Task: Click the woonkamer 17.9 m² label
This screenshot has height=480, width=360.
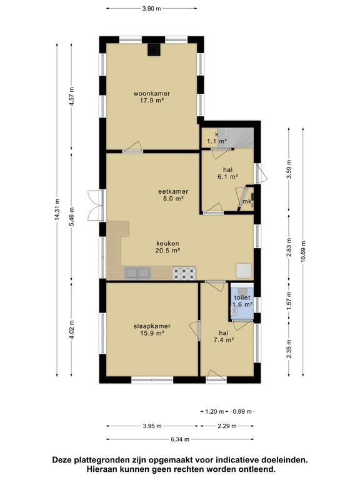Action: pos(151,97)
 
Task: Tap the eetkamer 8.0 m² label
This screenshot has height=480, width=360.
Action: pos(173,195)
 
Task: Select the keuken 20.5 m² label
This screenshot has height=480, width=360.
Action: pos(167,247)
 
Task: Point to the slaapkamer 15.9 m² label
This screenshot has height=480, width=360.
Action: pos(152,330)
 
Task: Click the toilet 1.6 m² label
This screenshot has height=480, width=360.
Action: pos(242,301)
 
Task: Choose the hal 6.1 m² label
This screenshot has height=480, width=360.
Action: pos(227,173)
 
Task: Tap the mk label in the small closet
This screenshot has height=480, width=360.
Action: pos(247,201)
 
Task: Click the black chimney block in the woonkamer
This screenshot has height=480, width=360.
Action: pos(154,49)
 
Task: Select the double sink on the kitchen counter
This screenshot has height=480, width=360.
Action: pos(138,273)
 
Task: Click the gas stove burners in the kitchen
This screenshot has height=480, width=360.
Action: pos(184,273)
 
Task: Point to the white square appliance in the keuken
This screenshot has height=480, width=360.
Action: pos(244,271)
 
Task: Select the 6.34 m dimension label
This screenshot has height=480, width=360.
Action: pos(180,439)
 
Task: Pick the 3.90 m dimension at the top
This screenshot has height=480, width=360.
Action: pos(151,9)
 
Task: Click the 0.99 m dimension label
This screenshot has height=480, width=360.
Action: pos(242,411)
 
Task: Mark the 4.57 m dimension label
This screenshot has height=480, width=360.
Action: pos(72,96)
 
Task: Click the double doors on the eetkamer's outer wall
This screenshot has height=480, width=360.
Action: pos(96,206)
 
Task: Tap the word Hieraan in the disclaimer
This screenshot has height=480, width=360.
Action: pos(101,469)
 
